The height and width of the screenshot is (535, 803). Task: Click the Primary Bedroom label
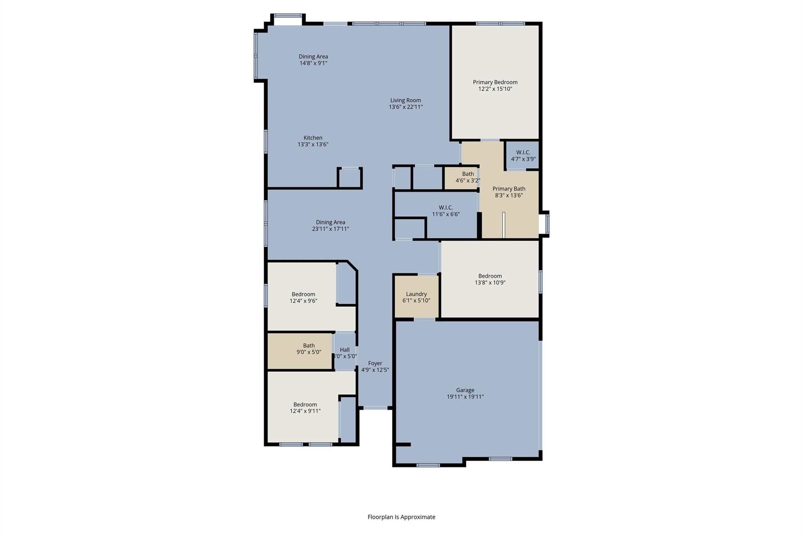coord(495,82)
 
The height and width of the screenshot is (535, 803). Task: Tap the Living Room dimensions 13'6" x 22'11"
coord(405,107)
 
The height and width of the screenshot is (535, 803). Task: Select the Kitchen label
coord(313,138)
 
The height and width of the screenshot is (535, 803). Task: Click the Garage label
coord(465,390)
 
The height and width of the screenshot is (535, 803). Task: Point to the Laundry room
coord(416,297)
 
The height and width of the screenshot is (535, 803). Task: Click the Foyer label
coord(375,363)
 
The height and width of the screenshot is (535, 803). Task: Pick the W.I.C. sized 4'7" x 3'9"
coord(523,156)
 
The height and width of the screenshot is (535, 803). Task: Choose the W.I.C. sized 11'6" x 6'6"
coord(446,211)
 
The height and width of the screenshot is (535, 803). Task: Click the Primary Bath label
coord(509,189)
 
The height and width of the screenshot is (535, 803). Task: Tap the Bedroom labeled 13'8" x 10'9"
coord(490,279)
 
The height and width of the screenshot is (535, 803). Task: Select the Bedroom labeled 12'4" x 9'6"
coord(303,297)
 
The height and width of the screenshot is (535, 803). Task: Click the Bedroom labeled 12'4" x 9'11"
coord(305,408)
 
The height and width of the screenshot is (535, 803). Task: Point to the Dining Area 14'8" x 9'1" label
coord(313,57)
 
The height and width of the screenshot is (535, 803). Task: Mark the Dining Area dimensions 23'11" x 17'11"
coord(330,229)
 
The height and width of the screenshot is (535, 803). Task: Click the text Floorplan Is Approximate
coord(401,517)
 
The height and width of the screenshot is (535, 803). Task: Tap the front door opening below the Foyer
coord(375,408)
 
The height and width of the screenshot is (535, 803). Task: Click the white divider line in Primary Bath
coord(504,225)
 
